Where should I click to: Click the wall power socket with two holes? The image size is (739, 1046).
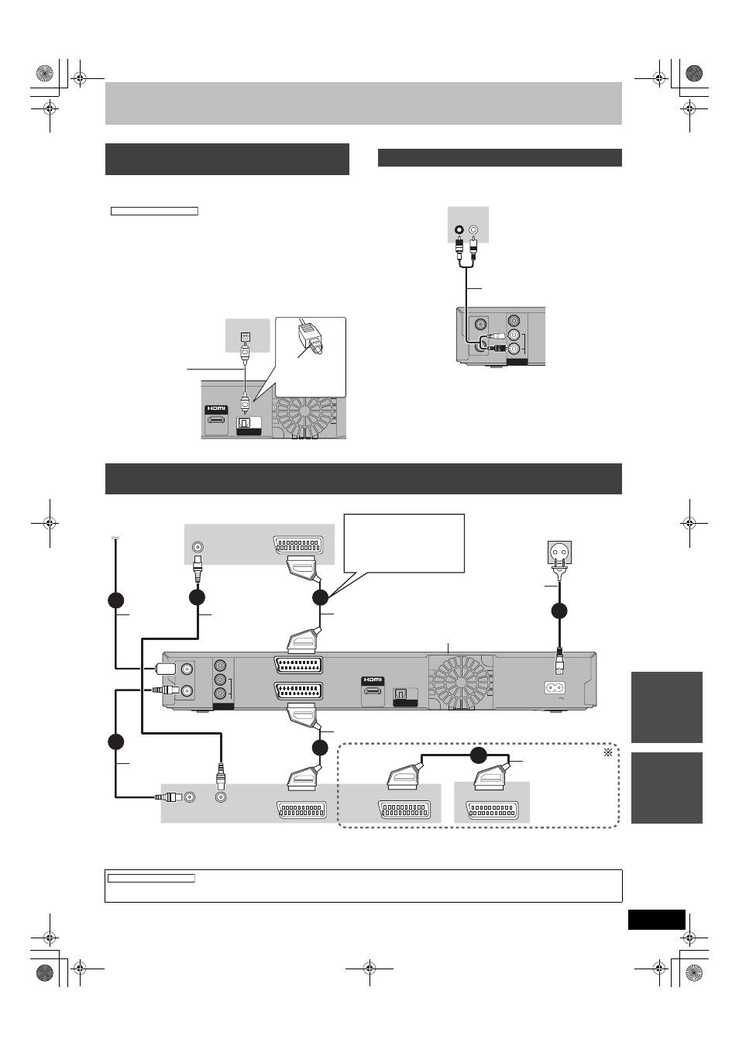(x=559, y=553)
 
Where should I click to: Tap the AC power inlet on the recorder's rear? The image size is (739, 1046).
(x=555, y=687)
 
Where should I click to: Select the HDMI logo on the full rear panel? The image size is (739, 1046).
(x=373, y=680)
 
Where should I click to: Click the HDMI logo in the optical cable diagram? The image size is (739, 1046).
(x=216, y=409)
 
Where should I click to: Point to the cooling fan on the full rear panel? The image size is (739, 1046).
(x=461, y=680)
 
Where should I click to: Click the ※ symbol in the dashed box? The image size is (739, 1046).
(x=608, y=752)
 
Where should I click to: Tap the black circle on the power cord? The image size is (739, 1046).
(x=559, y=611)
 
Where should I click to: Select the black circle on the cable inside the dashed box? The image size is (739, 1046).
(x=478, y=755)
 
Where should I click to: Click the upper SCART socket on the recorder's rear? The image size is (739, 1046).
(x=299, y=665)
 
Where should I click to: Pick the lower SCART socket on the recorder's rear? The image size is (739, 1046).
(x=299, y=692)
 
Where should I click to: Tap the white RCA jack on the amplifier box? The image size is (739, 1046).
(x=473, y=230)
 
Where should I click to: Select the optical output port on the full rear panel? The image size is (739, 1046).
(x=401, y=694)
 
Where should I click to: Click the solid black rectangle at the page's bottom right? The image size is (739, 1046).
(x=656, y=920)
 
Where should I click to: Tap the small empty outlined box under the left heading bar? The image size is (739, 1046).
(x=154, y=211)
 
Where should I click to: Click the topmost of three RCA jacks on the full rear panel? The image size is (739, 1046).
(x=220, y=665)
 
